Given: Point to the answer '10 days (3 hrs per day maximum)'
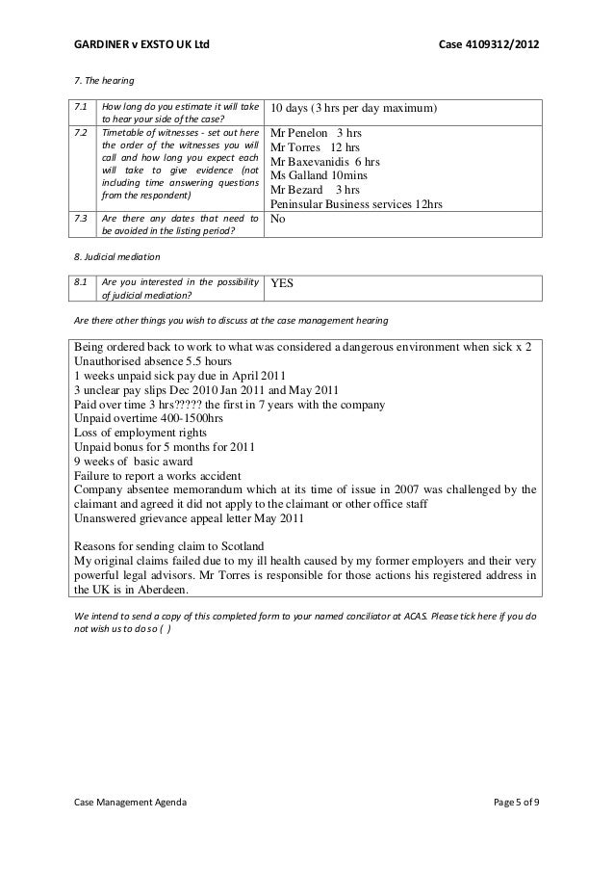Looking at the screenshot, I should click(353, 107).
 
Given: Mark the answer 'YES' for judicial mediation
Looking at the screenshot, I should click(283, 284).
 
